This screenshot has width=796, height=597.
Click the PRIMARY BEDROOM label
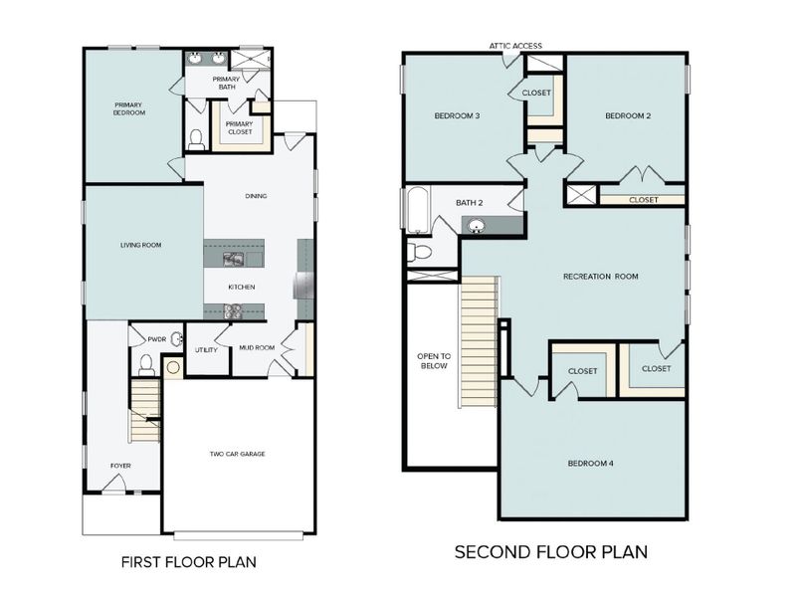point(129,108)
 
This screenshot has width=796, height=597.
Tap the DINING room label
point(256,196)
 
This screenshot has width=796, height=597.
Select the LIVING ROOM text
point(141,245)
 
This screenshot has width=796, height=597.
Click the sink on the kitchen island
point(235,260)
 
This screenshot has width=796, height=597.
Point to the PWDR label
point(156,338)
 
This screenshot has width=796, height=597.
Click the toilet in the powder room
point(147,364)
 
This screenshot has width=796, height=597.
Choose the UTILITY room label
point(206,350)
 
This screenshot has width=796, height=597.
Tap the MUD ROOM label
point(257,348)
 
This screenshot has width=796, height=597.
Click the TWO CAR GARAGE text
point(237,454)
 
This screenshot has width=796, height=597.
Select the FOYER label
point(120,465)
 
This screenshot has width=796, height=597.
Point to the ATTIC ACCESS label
point(514,45)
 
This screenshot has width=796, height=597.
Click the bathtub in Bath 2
point(414,211)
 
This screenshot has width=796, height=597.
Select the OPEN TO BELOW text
point(433,360)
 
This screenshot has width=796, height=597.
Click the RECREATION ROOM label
point(600,276)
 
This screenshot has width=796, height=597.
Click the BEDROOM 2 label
point(628,116)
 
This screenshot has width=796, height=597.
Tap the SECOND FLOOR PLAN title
point(550,551)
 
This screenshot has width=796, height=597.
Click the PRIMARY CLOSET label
point(239,127)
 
